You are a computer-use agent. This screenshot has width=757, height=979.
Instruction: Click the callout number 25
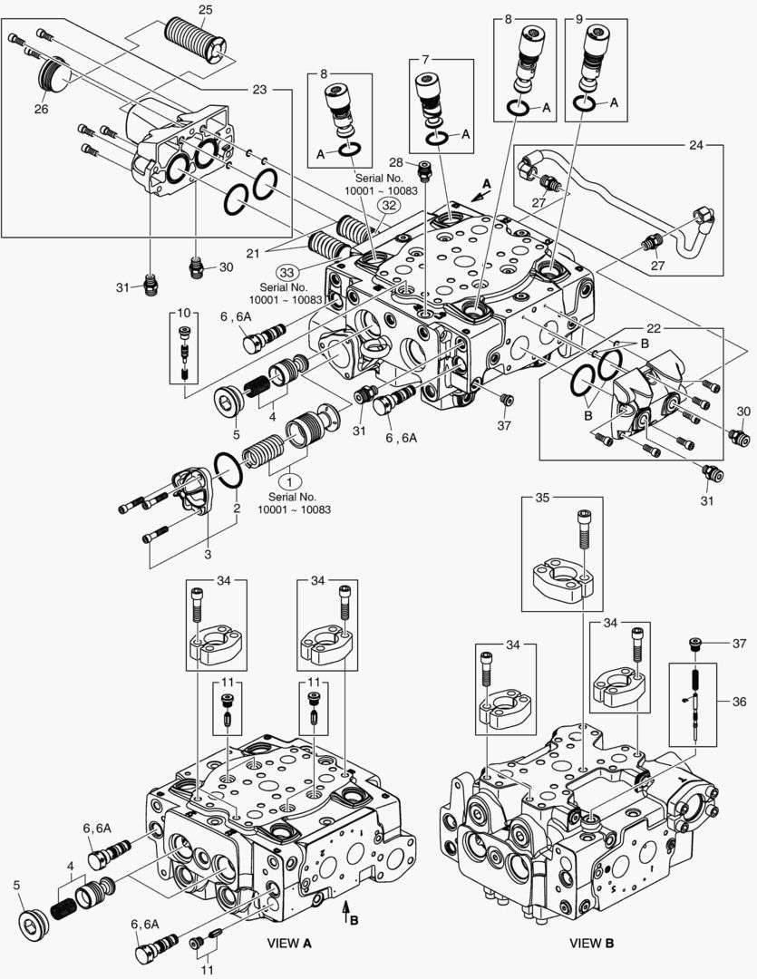coord(205,9)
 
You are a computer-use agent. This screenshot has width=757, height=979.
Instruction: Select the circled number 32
coord(389,205)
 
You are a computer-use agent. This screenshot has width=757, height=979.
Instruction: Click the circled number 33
coord(287,271)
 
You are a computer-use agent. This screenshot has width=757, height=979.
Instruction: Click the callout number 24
coord(722,144)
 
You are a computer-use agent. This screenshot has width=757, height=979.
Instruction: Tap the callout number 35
coord(542,498)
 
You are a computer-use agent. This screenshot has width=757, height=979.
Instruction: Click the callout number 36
coord(740,701)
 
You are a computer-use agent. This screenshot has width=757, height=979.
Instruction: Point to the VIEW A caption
coord(289,943)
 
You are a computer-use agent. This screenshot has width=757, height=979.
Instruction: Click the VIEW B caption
coord(591,943)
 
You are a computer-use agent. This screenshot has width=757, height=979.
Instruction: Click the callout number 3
coord(206,553)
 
